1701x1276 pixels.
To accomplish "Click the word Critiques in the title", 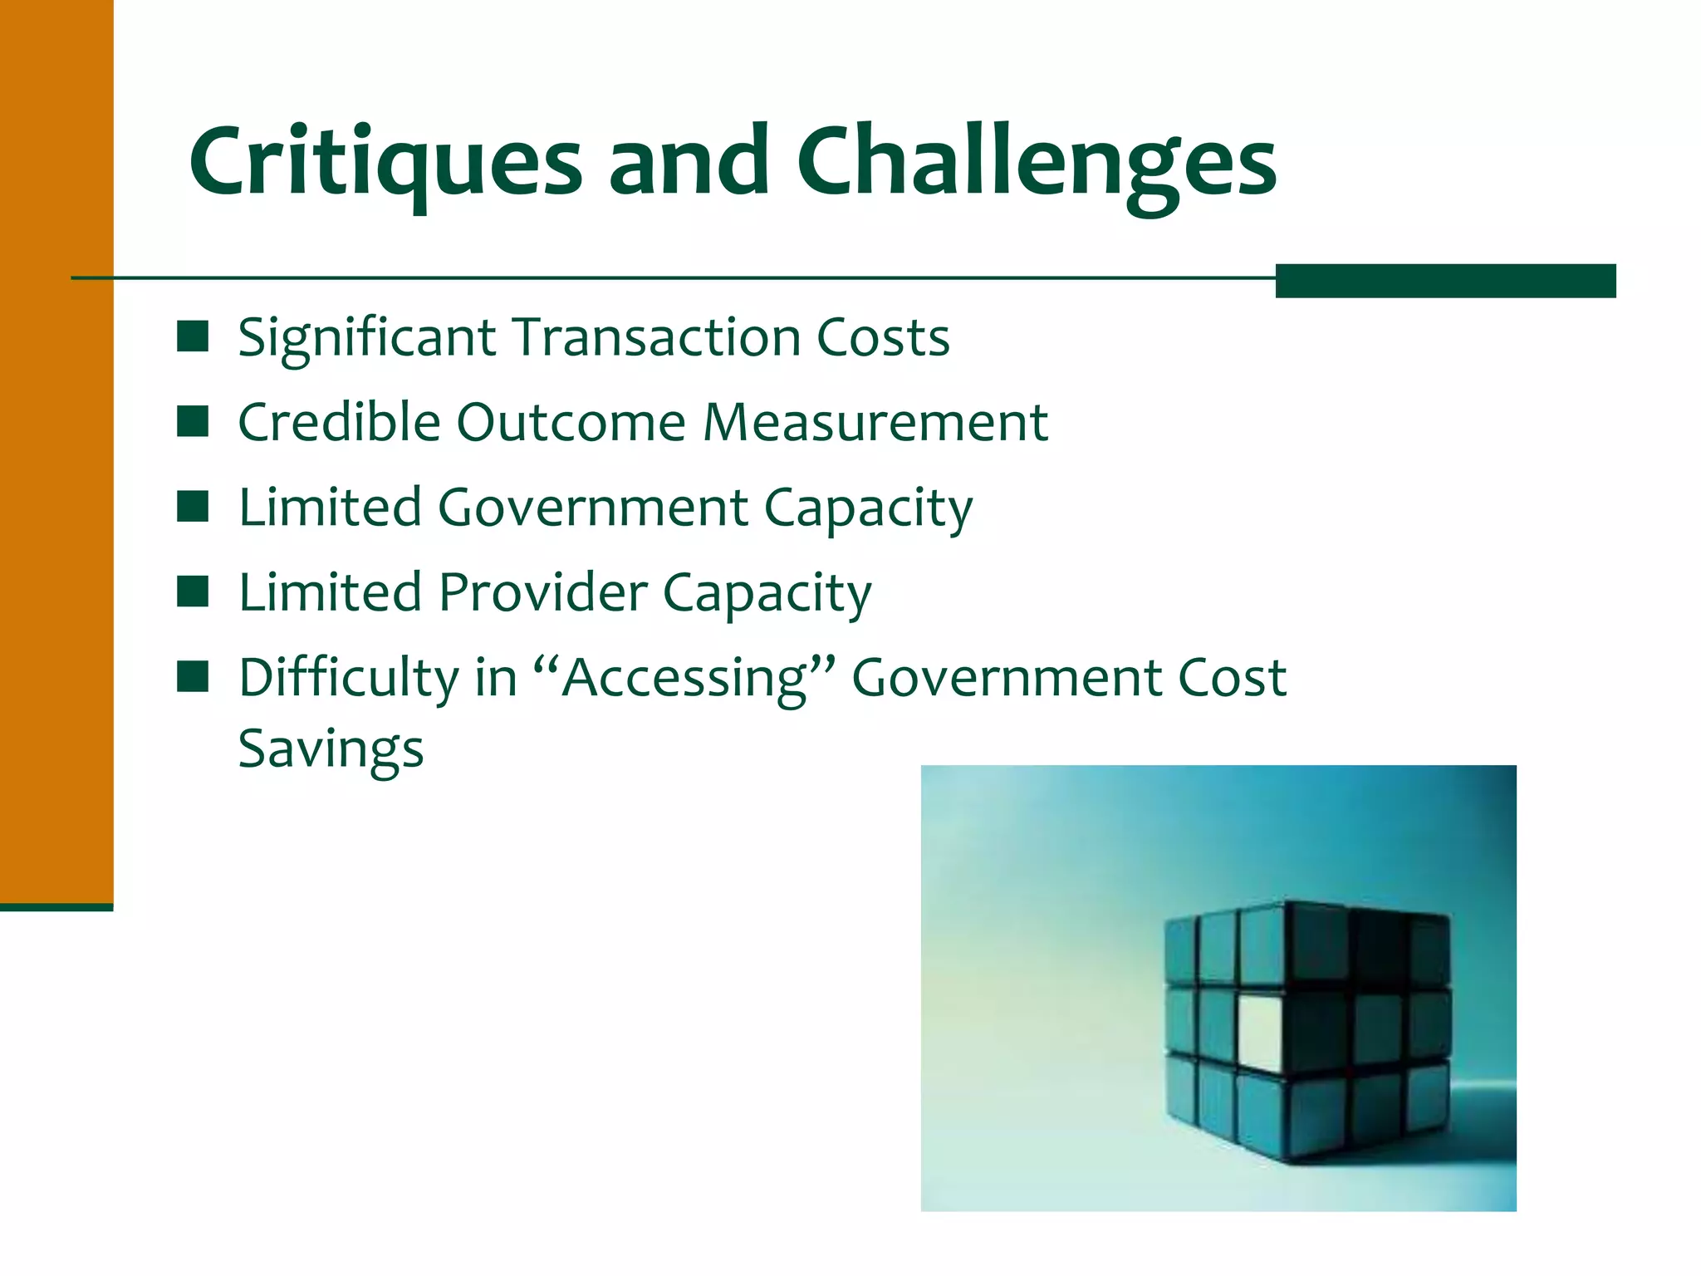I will [385, 162].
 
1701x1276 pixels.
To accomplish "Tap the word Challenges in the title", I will [1037, 162].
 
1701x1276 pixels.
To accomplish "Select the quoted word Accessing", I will [684, 679].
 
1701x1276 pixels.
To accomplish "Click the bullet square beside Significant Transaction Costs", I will [193, 337].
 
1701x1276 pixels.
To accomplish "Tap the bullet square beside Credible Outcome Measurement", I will [193, 422].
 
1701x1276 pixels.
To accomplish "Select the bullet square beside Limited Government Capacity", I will [193, 507].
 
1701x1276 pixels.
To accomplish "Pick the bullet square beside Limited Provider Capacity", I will [193, 592].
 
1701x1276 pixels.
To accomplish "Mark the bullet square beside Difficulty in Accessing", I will [193, 677].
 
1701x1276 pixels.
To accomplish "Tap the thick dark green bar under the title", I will [1445, 281].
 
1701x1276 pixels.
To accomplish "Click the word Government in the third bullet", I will [593, 508].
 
